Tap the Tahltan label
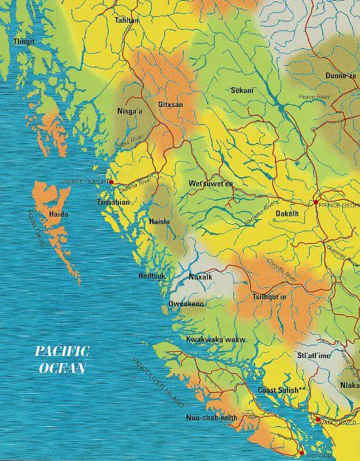click(x=127, y=21)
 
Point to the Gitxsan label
click(x=170, y=105)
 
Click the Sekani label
click(x=242, y=90)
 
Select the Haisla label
click(x=159, y=221)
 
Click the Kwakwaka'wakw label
click(x=215, y=340)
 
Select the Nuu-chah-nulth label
click(x=210, y=418)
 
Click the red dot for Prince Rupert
click(x=111, y=182)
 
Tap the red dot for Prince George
click(x=315, y=202)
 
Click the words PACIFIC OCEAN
click(x=62, y=360)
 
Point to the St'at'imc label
click(x=313, y=355)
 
